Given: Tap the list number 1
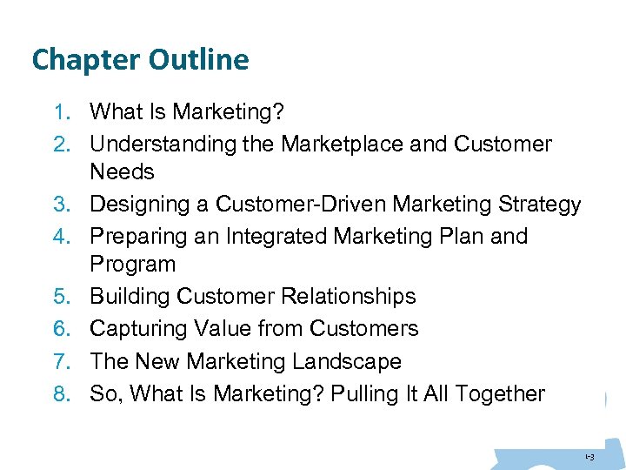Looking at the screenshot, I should (59, 111).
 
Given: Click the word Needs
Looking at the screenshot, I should (122, 171).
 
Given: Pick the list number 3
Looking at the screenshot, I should (59, 205).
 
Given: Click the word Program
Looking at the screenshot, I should (133, 264).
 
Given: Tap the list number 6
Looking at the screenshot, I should (59, 329).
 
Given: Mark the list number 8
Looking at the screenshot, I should (59, 394).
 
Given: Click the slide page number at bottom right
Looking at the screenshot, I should (589, 456).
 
